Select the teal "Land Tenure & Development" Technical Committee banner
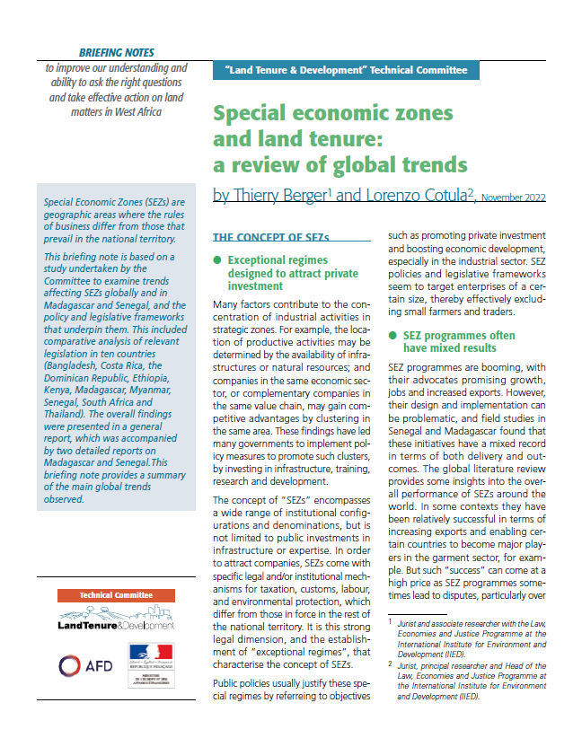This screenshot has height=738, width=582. (345, 69)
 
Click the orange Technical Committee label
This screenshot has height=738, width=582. (116, 594)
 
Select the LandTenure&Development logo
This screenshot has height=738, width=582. (116, 619)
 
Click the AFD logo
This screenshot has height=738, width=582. (85, 665)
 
